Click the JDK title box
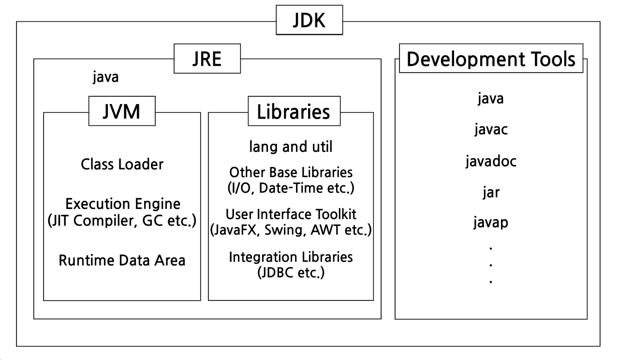point(309,20)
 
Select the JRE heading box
point(207,59)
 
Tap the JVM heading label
point(122,111)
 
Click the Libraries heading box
point(294,111)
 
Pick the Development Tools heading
point(491,59)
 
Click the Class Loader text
point(122,165)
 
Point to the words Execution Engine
point(123,203)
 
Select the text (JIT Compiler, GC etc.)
point(122,221)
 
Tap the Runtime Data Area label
point(122,260)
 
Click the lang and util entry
point(291,146)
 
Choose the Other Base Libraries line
point(291,172)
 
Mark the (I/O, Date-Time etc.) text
point(291,188)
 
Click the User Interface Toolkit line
point(291,214)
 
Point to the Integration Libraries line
point(291,256)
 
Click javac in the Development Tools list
point(491,130)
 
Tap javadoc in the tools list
point(491,161)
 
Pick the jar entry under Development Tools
point(491,192)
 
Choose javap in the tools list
point(491,223)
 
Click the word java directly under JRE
point(105,77)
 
